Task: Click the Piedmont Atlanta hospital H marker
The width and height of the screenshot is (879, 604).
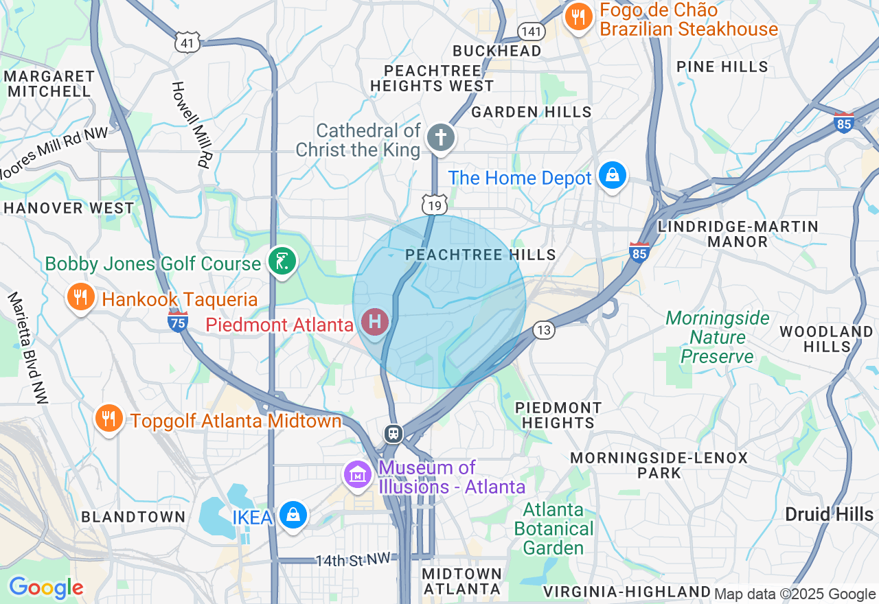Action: click(375, 321)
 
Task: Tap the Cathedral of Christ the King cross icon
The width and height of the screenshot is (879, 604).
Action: click(440, 137)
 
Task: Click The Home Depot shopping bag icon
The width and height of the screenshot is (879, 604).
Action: click(612, 176)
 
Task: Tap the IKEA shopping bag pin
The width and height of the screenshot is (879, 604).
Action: click(293, 515)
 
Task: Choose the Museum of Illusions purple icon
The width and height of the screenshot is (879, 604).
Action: click(358, 474)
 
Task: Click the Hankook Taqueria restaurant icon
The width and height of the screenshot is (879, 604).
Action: click(81, 297)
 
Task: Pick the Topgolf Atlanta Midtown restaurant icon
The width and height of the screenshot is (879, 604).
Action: click(109, 417)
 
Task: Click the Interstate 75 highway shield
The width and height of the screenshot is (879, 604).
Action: click(178, 321)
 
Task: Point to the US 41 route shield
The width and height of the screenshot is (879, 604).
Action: click(187, 43)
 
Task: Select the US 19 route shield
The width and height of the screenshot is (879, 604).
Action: click(435, 205)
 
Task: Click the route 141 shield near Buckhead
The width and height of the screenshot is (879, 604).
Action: click(532, 31)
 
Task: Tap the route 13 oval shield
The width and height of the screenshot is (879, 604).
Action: click(544, 331)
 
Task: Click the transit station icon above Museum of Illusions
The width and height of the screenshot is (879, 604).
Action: click(393, 433)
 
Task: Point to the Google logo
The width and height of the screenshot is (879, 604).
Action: click(45, 588)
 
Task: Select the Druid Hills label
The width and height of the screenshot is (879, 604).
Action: click(829, 515)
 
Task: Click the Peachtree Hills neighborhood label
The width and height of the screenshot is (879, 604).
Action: click(481, 255)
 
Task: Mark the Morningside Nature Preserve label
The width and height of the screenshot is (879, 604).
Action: click(718, 337)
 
